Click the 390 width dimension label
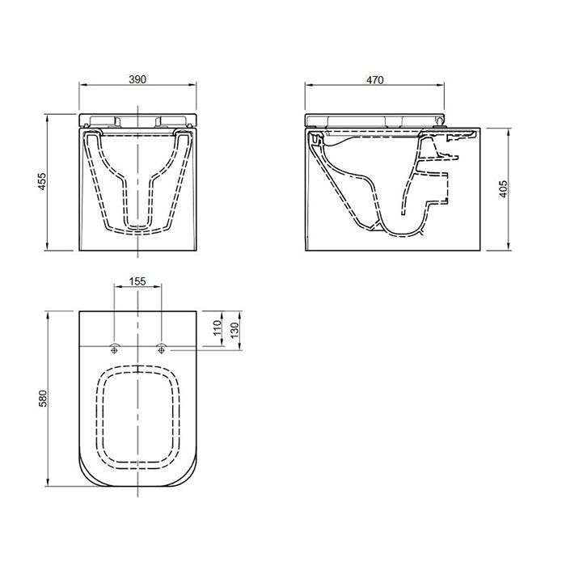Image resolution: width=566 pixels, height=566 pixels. click(137, 79)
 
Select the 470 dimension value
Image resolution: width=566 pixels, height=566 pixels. click(375, 79)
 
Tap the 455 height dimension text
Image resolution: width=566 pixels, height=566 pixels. click(42, 182)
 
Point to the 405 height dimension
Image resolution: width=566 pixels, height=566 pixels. click(503, 188)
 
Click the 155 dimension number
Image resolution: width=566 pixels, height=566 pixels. click(137, 281)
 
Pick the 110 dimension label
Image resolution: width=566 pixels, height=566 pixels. click(218, 327)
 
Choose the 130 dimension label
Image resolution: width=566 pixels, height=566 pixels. click(234, 330)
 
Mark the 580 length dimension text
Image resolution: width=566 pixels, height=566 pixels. click(43, 398)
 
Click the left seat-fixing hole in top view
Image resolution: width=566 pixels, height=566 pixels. click(115, 348)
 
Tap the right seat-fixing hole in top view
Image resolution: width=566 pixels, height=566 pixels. click(161, 348)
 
